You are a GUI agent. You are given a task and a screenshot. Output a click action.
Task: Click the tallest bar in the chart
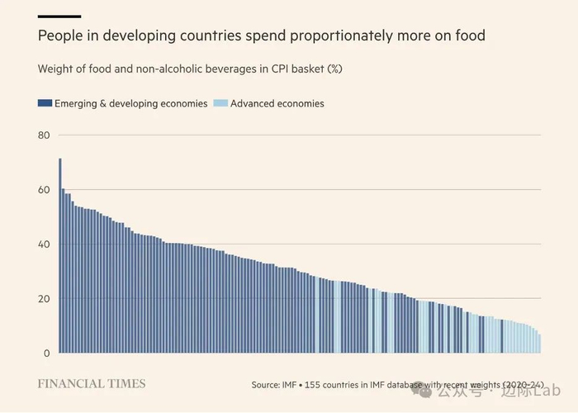(x=60, y=256)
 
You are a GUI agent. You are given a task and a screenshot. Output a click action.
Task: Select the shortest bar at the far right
(x=539, y=344)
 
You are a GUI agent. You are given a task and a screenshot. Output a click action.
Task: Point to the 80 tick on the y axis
(x=44, y=135)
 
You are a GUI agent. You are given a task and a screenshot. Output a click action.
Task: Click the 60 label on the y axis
(x=44, y=190)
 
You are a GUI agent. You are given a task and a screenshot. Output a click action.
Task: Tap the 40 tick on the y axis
(x=44, y=244)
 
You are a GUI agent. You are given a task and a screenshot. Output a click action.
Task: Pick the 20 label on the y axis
(x=44, y=299)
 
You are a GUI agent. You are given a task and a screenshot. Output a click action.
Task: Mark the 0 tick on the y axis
(x=47, y=354)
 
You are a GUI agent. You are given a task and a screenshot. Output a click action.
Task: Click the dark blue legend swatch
(x=45, y=104)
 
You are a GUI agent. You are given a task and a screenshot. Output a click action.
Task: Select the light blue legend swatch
(x=220, y=104)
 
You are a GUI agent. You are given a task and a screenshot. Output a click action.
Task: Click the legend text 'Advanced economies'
(x=277, y=104)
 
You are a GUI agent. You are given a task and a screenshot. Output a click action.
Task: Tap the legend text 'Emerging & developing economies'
(x=130, y=104)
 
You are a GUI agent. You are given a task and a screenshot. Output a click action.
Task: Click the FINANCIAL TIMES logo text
(x=92, y=384)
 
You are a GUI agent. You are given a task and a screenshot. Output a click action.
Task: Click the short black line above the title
(x=59, y=16)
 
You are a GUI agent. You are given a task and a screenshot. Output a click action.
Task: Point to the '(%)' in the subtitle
(x=334, y=69)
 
